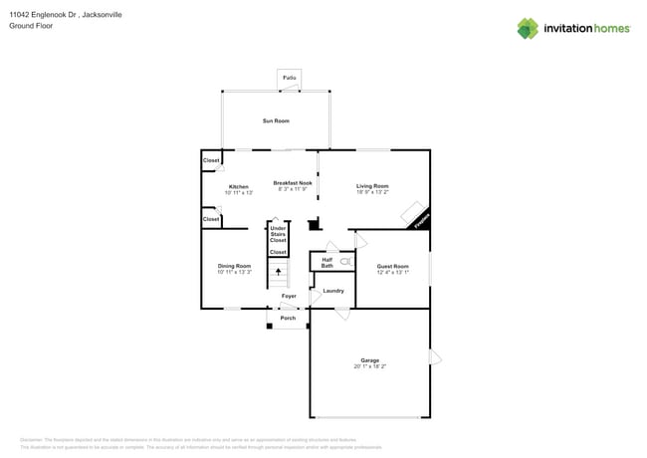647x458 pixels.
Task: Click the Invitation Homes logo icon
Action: (x=528, y=28)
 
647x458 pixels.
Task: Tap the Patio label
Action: (x=290, y=78)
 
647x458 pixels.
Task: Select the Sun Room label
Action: (x=276, y=120)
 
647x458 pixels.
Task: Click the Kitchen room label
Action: (x=239, y=186)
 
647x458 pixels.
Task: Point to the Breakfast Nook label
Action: (x=293, y=183)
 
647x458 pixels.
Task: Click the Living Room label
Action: (x=373, y=186)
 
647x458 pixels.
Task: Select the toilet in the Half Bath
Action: (x=345, y=261)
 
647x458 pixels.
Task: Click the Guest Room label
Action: (x=392, y=266)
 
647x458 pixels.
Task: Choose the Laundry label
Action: (x=333, y=291)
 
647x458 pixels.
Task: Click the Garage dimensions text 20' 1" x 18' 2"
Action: (x=369, y=366)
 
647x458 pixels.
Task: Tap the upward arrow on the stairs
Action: (x=278, y=270)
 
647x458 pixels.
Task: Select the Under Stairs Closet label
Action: (x=278, y=234)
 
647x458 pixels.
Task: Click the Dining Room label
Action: (x=235, y=266)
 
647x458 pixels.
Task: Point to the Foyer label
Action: (x=289, y=296)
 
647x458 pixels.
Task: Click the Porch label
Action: (x=288, y=318)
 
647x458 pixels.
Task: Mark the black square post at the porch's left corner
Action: (x=270, y=325)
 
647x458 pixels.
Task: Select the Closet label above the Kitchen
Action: (x=211, y=160)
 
